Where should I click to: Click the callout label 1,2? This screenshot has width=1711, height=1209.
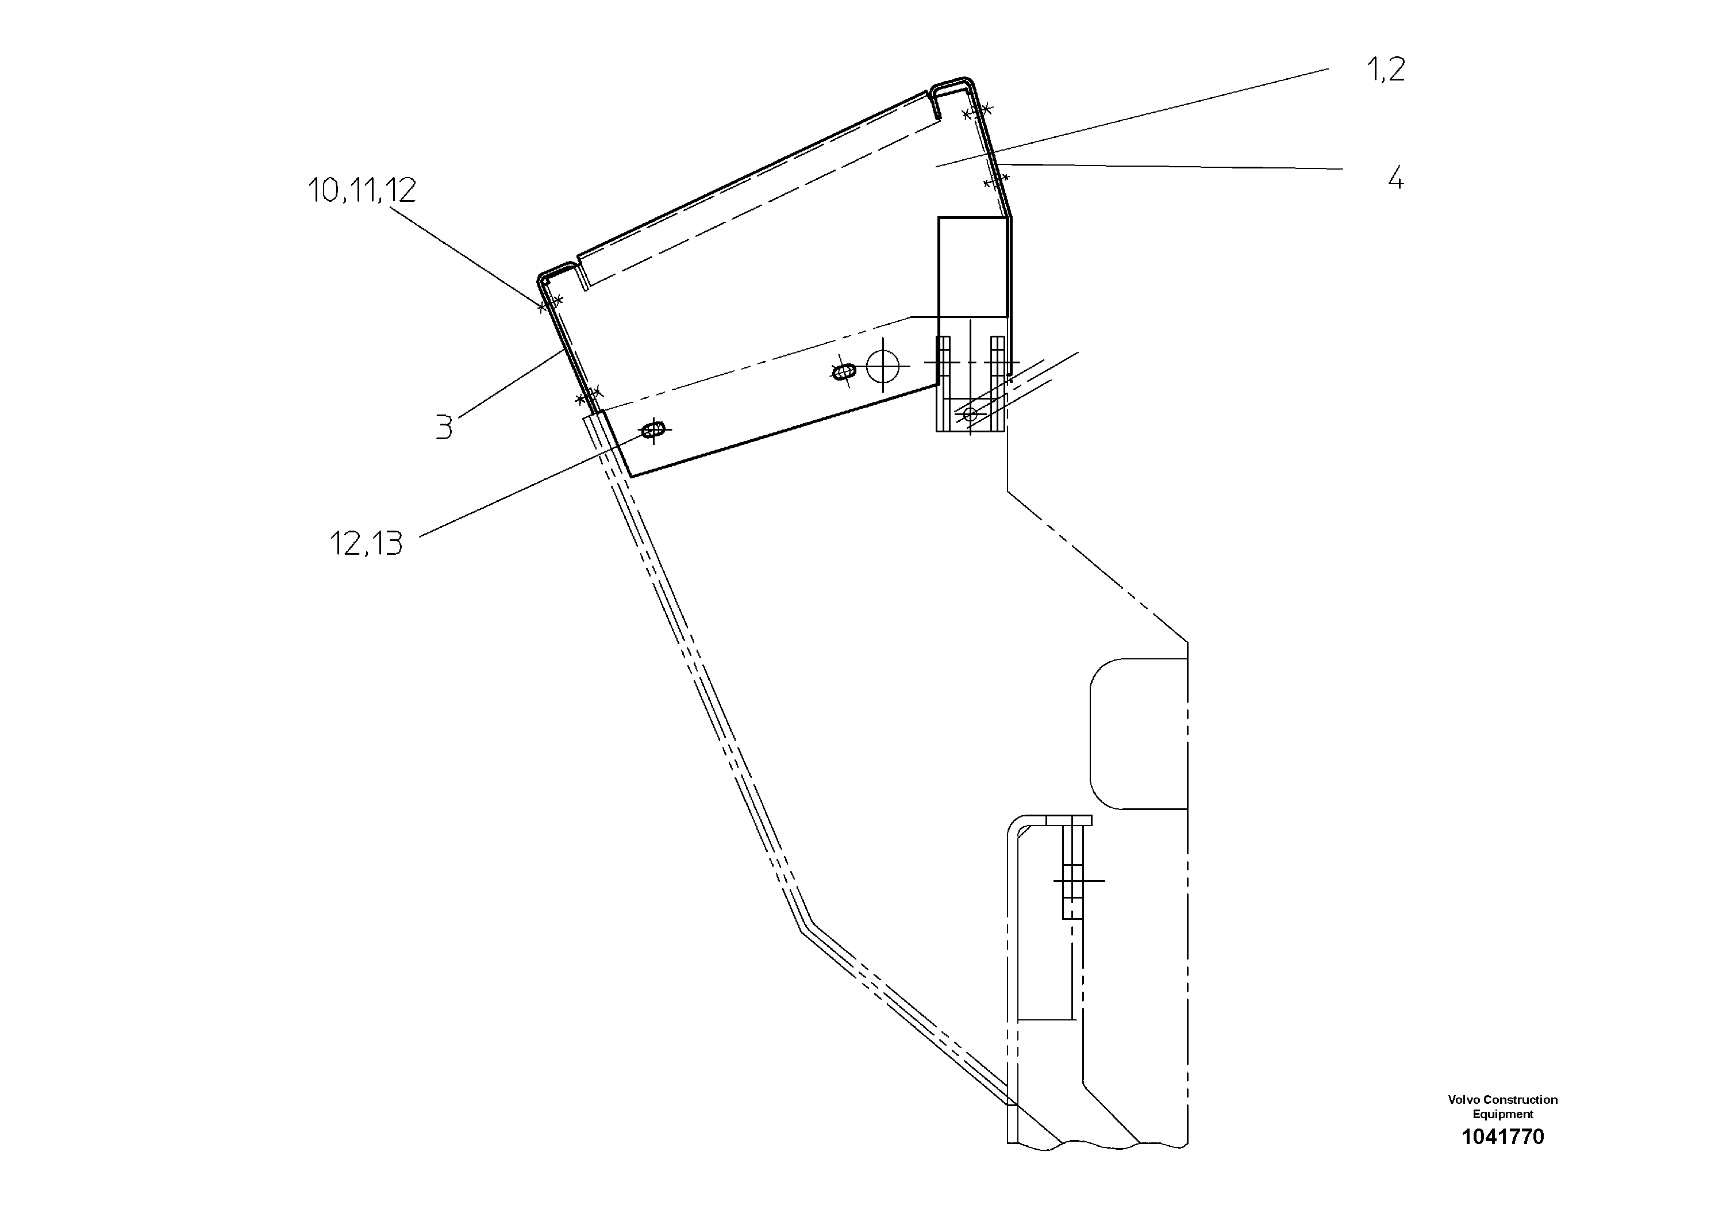click(1385, 70)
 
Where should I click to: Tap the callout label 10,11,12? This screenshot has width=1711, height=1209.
click(362, 191)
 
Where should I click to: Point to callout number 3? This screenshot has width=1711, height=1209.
click(444, 428)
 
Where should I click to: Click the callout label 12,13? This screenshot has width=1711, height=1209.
click(366, 544)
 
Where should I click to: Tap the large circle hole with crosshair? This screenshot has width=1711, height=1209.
click(883, 366)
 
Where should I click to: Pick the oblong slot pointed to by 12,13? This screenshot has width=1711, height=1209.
click(653, 430)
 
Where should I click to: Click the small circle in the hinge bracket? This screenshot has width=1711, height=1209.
click(970, 413)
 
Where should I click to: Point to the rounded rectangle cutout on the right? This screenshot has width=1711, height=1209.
click(1138, 734)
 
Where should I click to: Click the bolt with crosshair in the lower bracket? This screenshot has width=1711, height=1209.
click(1072, 880)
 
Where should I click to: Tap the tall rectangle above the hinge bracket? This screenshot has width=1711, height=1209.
click(972, 267)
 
